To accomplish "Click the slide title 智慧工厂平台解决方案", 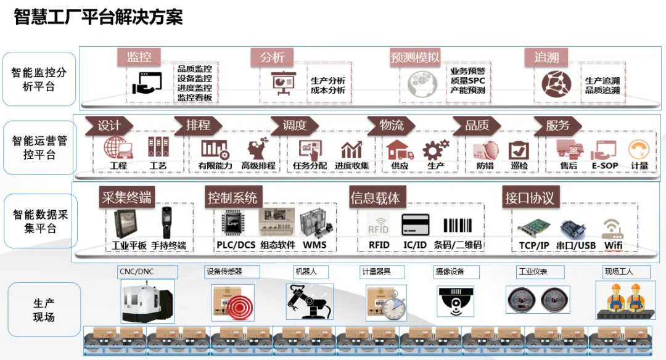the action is pos(98,17).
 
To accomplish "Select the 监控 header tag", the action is pos(139,57).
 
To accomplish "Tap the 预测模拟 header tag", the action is pos(415,57).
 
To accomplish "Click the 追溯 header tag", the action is pos(546,57).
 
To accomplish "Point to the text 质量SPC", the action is pos(467,80).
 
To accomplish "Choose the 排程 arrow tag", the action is pos(198,125).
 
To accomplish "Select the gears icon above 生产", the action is pos(435,149).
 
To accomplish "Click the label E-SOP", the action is pos(604,166).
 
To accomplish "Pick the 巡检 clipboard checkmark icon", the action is pos(519,150).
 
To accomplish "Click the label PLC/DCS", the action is pos(236,245).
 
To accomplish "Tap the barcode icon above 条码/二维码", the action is pos(458,225).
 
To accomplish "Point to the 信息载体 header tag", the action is pos(375,198).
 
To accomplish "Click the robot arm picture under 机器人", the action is pos(310,301).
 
